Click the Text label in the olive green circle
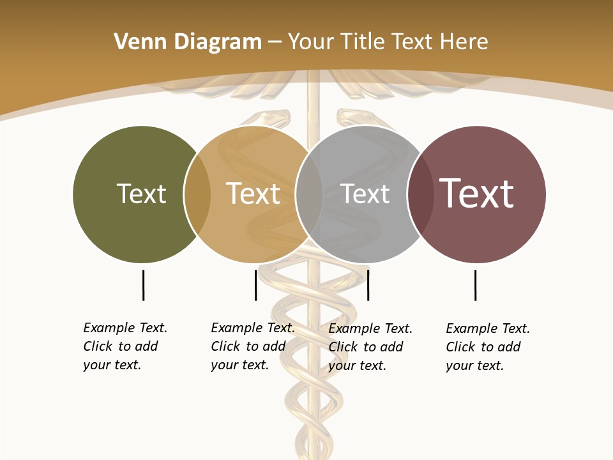pos(141,194)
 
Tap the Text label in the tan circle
pos(253,194)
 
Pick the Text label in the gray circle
pos(365,194)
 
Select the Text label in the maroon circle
pos(476,194)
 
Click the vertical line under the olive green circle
pos(143,285)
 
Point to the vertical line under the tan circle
pos(255,285)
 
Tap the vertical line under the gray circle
pos(368,285)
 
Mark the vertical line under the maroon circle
pos(475,285)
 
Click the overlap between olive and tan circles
pos(197,194)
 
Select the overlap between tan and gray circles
pos(309,194)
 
